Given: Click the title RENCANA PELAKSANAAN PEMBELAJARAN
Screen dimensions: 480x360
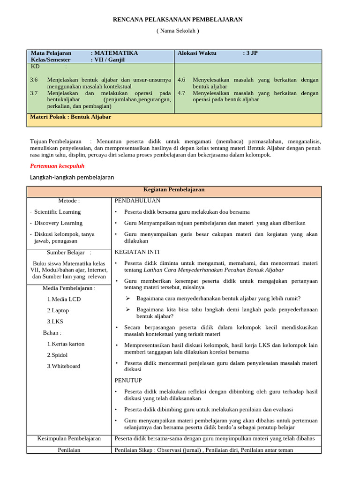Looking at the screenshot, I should click(178, 19).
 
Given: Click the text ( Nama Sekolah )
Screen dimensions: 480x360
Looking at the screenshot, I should click(178, 31).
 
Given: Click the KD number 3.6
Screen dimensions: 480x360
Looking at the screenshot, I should click(34, 80).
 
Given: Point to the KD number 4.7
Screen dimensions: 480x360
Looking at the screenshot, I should click(181, 93).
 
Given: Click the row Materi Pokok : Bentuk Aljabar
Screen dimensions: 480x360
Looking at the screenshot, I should click(70, 117).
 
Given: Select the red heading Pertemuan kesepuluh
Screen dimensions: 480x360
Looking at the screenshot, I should click(57, 166).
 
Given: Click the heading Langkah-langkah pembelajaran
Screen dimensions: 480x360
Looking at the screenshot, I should click(72, 177).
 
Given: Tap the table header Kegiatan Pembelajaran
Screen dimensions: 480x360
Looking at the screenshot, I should click(174, 190).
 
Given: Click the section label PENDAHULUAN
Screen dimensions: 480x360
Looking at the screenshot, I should click(137, 201).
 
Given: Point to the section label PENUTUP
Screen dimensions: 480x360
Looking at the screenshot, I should click(128, 380).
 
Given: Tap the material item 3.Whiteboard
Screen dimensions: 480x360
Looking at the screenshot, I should click(63, 366).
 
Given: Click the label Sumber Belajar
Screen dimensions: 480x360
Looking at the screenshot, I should click(69, 253).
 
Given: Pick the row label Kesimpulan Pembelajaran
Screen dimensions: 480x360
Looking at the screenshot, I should click(69, 439).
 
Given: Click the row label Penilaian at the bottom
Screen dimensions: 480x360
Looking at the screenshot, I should click(69, 450).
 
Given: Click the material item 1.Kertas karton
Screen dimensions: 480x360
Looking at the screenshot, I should click(66, 344).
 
